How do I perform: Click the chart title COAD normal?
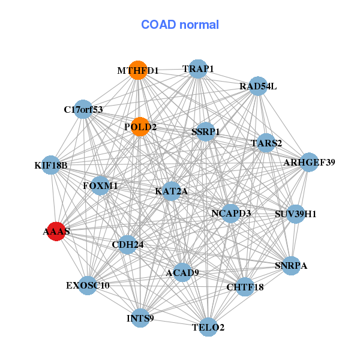click(180, 25)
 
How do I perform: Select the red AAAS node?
click(55, 232)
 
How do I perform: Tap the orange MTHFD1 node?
click(138, 70)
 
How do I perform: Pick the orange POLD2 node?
click(140, 127)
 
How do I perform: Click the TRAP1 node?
click(197, 68)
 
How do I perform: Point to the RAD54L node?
click(257, 86)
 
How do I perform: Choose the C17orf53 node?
click(83, 109)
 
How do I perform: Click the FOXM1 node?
click(100, 185)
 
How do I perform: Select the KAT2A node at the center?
click(172, 191)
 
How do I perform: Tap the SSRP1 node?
click(206, 131)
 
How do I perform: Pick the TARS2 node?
click(266, 143)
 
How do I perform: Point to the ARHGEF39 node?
click(308, 162)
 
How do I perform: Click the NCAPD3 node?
click(231, 213)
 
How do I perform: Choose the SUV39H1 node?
click(295, 214)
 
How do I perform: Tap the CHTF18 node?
click(245, 287)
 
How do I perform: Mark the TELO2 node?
click(208, 327)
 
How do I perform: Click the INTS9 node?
click(140, 317)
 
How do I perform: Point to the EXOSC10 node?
click(88, 285)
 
